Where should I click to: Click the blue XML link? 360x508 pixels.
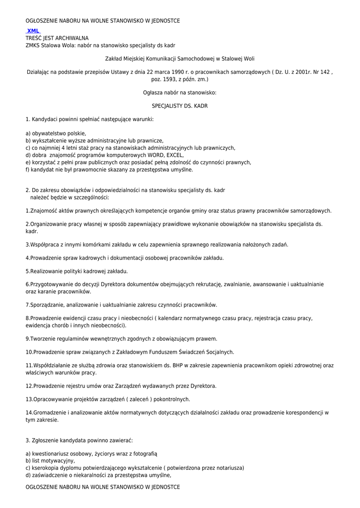click(x=33, y=31)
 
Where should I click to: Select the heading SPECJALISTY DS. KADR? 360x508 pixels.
click(x=180, y=106)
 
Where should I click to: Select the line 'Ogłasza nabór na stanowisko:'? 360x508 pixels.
click(x=180, y=93)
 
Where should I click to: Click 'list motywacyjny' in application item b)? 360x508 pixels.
click(x=53, y=460)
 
